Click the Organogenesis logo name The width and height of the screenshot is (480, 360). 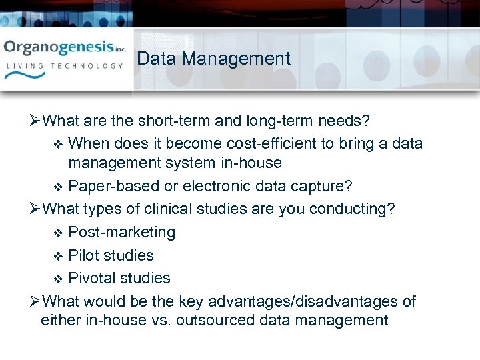[x=59, y=48]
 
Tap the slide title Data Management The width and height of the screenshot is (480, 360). [x=214, y=59]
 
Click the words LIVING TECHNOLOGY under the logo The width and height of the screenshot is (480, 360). [x=65, y=66]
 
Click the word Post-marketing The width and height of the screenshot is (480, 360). [x=122, y=232]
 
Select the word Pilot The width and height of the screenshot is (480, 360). [x=83, y=255]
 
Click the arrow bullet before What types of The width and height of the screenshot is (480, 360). [x=35, y=209]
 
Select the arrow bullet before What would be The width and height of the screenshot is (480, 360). [x=35, y=302]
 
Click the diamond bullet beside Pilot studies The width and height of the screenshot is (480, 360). [x=57, y=256]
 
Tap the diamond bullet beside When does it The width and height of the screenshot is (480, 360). [x=57, y=144]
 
